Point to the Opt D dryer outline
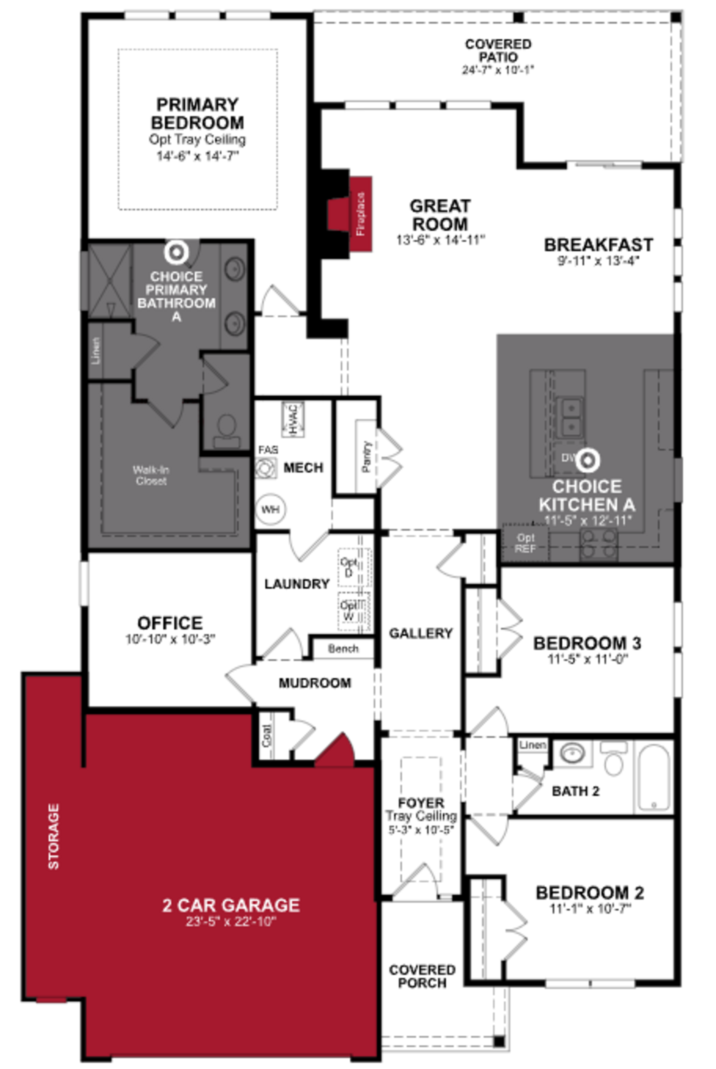pos(349,567)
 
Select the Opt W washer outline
pos(349,611)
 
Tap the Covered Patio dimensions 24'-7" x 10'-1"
pos(498,70)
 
